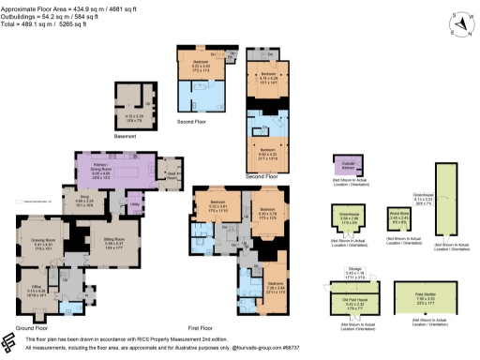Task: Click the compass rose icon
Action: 458,23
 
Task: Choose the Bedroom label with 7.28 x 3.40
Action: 274,284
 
